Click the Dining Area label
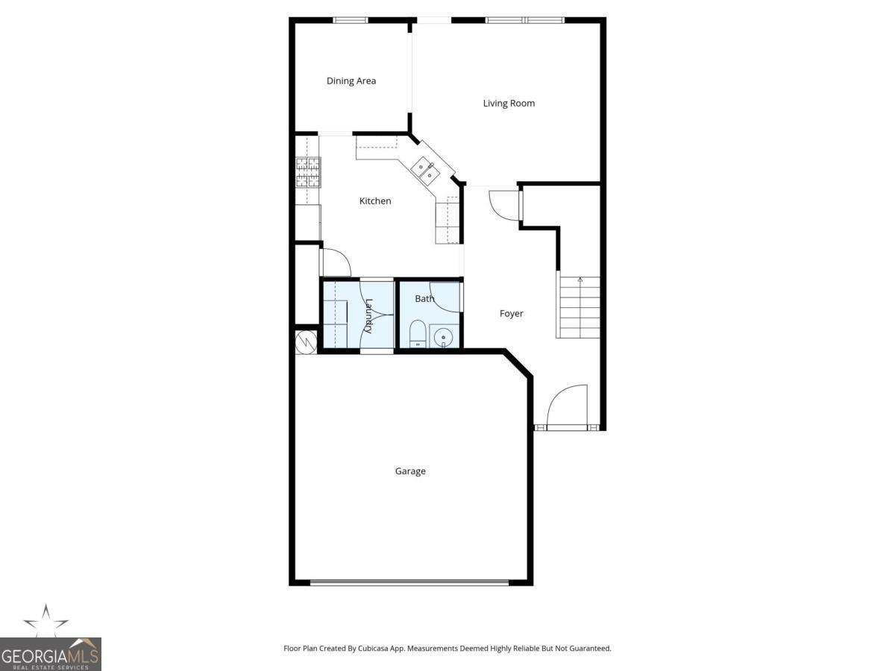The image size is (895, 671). point(351,81)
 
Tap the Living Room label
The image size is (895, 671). point(509,103)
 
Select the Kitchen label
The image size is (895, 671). point(375,201)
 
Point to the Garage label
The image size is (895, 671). point(410,471)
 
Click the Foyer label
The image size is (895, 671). point(512,314)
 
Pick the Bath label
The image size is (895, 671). point(424,298)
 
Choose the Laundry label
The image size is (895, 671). point(368,315)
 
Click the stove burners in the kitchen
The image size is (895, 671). point(308,171)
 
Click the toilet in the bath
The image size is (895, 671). point(417,335)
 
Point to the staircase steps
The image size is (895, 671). point(580,307)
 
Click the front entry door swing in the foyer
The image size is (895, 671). point(567,406)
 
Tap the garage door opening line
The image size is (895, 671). point(409,582)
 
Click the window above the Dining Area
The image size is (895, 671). point(351,20)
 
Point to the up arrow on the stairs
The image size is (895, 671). point(580,280)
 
